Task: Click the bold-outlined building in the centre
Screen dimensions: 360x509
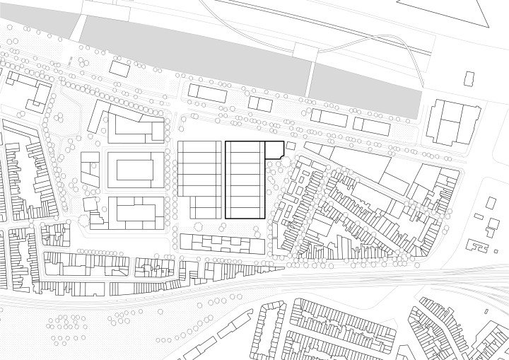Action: click(245, 180)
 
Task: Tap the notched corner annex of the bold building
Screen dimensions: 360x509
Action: click(274, 149)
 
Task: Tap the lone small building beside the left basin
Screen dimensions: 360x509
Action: click(120, 69)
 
